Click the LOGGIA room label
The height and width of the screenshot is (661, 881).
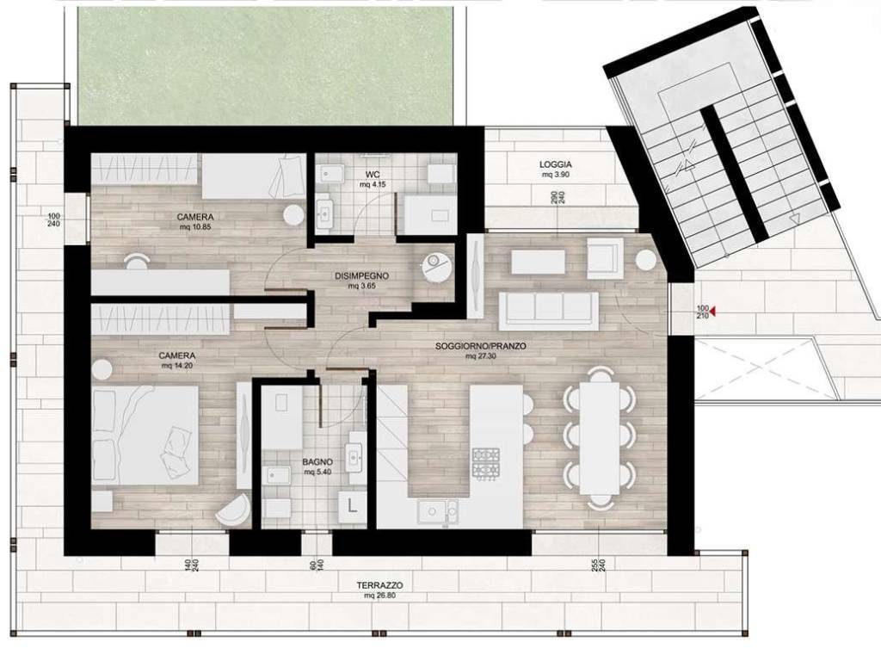tap(556, 164)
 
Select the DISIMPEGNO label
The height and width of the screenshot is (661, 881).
tap(361, 276)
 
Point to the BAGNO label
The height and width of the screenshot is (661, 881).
tap(316, 462)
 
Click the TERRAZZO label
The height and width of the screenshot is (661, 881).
tap(379, 585)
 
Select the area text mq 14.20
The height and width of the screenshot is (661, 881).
tap(177, 365)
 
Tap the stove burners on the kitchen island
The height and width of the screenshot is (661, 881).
tap(485, 462)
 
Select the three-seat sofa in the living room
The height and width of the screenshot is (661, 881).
tap(548, 308)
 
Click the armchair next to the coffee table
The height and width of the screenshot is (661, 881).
tap(605, 257)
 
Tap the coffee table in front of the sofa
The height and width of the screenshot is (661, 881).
tap(538, 261)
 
